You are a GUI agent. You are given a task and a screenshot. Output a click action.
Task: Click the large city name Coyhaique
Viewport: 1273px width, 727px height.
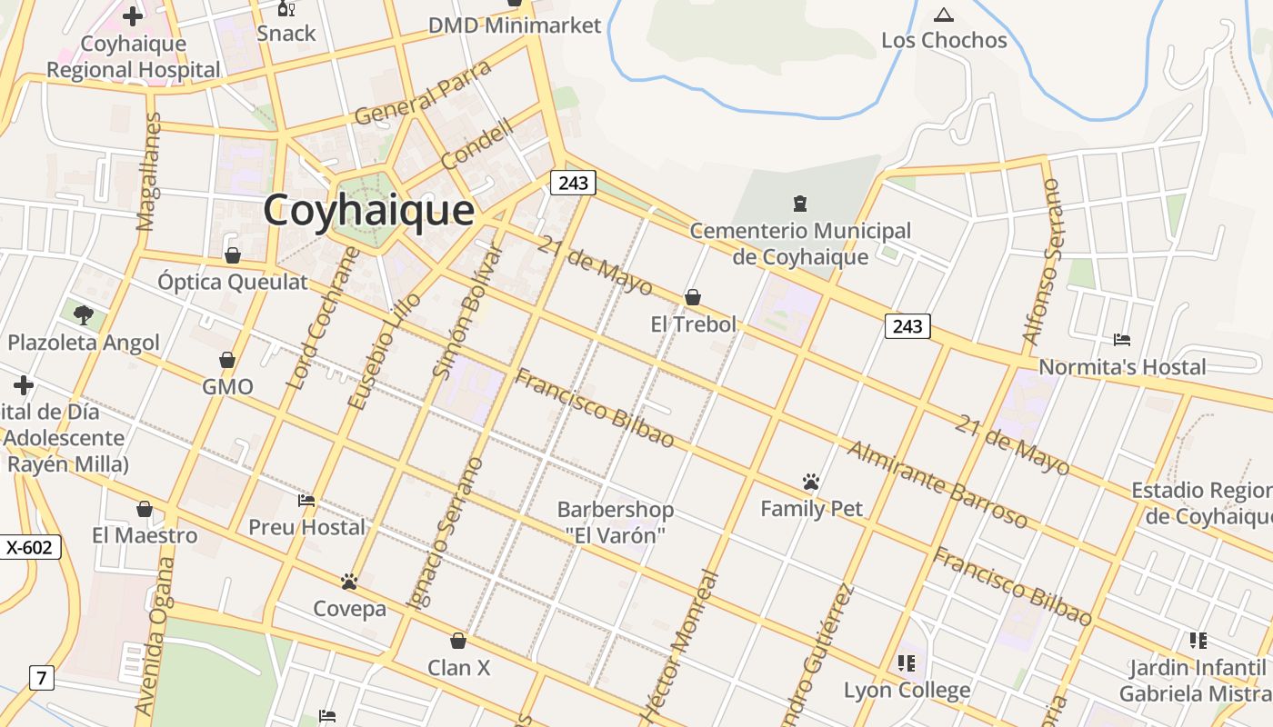[x=368, y=211]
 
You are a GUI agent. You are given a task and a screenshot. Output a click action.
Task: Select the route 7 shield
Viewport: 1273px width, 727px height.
[x=41, y=677]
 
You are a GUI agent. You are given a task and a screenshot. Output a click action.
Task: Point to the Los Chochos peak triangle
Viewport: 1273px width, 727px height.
[x=943, y=15]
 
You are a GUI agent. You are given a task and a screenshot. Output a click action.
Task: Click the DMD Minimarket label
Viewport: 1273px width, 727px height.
[x=515, y=25]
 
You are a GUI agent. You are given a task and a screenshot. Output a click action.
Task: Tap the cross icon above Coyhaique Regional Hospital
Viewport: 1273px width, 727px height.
[x=133, y=16]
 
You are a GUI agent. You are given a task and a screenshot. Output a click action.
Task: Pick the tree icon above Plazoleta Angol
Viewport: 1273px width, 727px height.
[x=84, y=315]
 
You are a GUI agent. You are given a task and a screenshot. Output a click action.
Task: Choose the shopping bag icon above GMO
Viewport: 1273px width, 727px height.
[x=227, y=360]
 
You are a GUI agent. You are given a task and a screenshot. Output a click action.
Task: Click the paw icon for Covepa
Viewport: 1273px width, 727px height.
[x=349, y=582]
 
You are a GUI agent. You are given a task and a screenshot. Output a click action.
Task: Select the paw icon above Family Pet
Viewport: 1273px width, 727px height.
[x=811, y=481]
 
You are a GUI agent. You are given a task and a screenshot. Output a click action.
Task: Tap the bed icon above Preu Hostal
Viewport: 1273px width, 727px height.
[x=306, y=501]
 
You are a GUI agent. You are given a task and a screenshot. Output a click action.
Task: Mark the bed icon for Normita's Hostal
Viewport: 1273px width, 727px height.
[x=1122, y=340]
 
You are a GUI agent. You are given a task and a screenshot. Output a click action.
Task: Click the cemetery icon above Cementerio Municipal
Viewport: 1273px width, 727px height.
[x=800, y=203]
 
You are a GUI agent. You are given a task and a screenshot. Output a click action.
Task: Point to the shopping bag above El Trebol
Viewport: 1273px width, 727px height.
[x=693, y=297]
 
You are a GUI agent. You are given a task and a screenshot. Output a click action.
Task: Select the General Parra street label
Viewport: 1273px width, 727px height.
[x=423, y=93]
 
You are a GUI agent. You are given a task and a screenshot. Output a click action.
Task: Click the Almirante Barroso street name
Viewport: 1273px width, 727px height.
[x=937, y=484]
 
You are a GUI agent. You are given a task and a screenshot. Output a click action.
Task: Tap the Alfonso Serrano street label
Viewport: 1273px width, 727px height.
[x=1042, y=262]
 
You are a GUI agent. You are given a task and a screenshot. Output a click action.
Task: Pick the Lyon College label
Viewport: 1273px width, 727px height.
[x=907, y=690]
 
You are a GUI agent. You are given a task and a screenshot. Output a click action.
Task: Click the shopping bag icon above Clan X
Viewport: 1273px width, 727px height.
[x=458, y=641]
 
